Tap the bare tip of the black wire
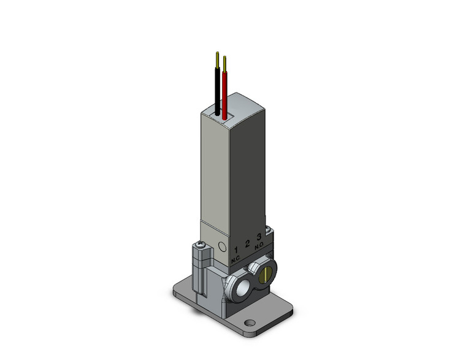(218, 59)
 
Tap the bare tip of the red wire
(225, 63)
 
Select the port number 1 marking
(237, 250)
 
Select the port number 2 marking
(248, 243)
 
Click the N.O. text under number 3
(259, 245)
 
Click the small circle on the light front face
(222, 247)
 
